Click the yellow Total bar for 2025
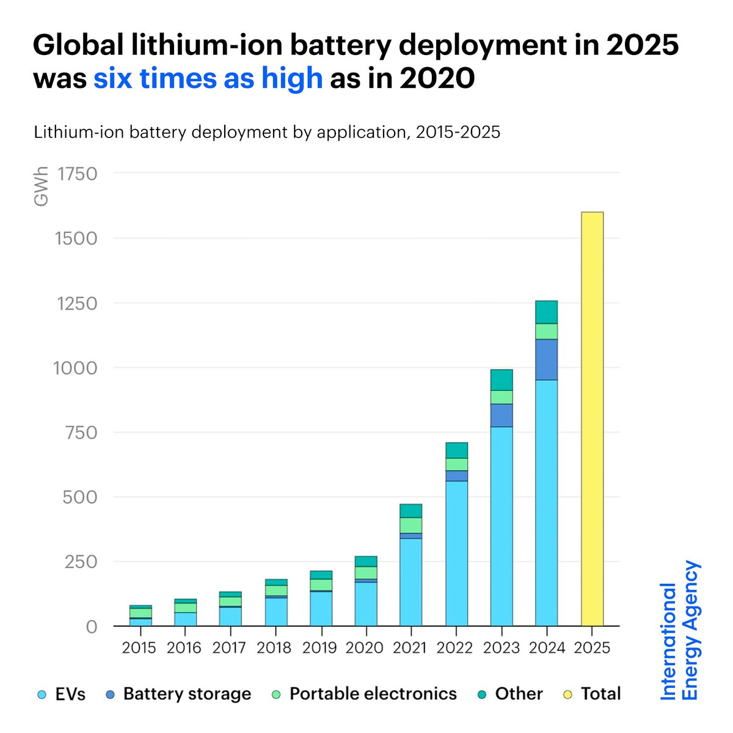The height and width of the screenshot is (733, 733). click(x=592, y=419)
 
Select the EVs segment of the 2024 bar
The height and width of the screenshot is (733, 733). click(x=546, y=503)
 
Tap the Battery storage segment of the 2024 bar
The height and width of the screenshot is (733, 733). click(x=546, y=359)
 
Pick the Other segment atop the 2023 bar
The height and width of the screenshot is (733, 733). click(x=501, y=380)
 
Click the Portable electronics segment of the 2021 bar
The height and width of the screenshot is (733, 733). click(x=410, y=525)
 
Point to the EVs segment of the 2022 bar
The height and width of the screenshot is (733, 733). click(x=456, y=553)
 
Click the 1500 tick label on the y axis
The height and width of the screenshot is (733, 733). click(x=76, y=238)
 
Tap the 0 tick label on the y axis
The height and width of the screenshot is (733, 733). click(x=91, y=627)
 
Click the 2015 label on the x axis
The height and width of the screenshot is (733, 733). click(x=139, y=647)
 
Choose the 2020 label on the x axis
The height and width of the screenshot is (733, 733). click(x=365, y=647)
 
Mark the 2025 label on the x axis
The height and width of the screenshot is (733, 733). click(x=592, y=647)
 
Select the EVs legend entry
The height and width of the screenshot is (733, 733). click(x=61, y=695)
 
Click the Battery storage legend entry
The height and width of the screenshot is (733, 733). click(x=178, y=695)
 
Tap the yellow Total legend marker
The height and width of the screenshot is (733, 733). click(x=568, y=695)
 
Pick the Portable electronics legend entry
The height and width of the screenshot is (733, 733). click(x=364, y=695)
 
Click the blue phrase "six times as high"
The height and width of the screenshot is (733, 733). click(x=208, y=79)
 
